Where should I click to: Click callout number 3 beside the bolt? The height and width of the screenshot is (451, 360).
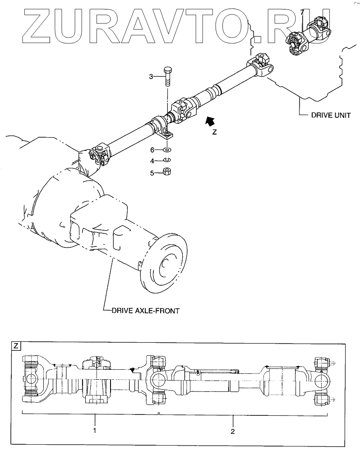coord(151,76)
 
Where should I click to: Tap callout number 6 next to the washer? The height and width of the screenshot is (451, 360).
coord(152,150)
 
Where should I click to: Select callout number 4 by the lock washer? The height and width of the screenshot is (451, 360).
coord(152,161)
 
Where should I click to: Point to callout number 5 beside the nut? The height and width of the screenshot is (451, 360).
coord(152,173)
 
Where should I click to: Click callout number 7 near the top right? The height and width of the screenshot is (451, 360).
coord(302,13)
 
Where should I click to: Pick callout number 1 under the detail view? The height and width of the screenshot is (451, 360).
coord(95,431)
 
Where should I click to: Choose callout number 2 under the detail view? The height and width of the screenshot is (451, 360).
coord(232,431)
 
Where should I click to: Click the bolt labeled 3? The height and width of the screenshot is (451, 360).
coord(167,76)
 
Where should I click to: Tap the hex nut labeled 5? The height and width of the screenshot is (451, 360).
coord(167,172)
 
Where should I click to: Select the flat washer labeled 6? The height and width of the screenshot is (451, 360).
coord(167,149)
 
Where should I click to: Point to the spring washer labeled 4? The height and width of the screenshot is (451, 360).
coord(167,160)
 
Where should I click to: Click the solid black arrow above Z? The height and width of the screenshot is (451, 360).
coord(210,121)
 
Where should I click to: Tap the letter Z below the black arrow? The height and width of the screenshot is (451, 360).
coord(214,132)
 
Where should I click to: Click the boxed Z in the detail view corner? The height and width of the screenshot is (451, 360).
coord(16,345)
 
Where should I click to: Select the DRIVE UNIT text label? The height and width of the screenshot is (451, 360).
coord(331,115)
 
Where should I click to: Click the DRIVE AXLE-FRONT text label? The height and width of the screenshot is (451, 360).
coord(145,311)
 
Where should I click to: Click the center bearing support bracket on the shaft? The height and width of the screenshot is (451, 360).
coord(162,126)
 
